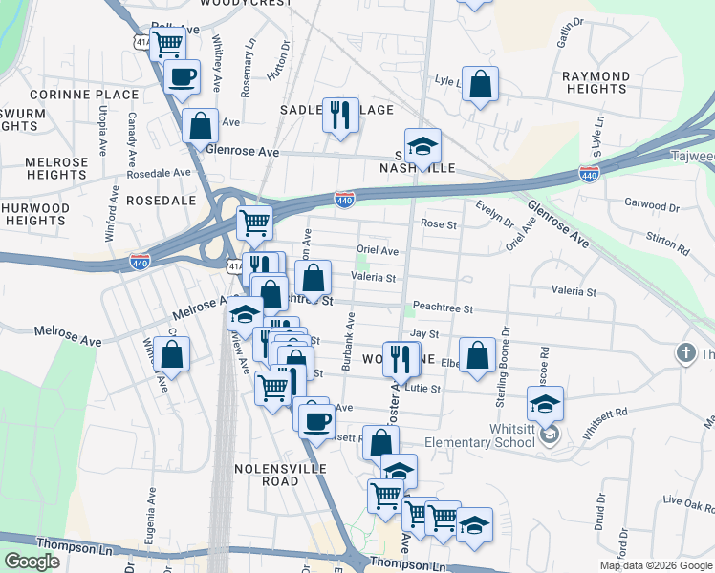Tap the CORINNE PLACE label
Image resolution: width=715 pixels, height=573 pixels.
click(x=84, y=95)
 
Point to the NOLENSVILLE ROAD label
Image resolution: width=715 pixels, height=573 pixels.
click(x=280, y=475)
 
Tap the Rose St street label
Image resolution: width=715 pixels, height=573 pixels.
click(x=439, y=224)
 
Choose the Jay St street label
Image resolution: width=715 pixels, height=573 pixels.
click(x=423, y=334)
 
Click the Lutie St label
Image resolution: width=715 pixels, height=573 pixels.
click(x=422, y=389)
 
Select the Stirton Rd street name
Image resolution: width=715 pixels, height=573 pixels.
click(x=669, y=239)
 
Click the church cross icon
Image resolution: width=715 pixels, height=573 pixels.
click(x=684, y=353)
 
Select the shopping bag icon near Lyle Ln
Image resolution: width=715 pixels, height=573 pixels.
click(x=480, y=83)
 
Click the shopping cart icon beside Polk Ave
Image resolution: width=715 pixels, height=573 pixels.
click(x=168, y=42)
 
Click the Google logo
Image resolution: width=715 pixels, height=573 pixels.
click(x=32, y=562)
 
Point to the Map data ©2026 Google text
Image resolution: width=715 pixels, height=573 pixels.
click(x=656, y=565)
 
